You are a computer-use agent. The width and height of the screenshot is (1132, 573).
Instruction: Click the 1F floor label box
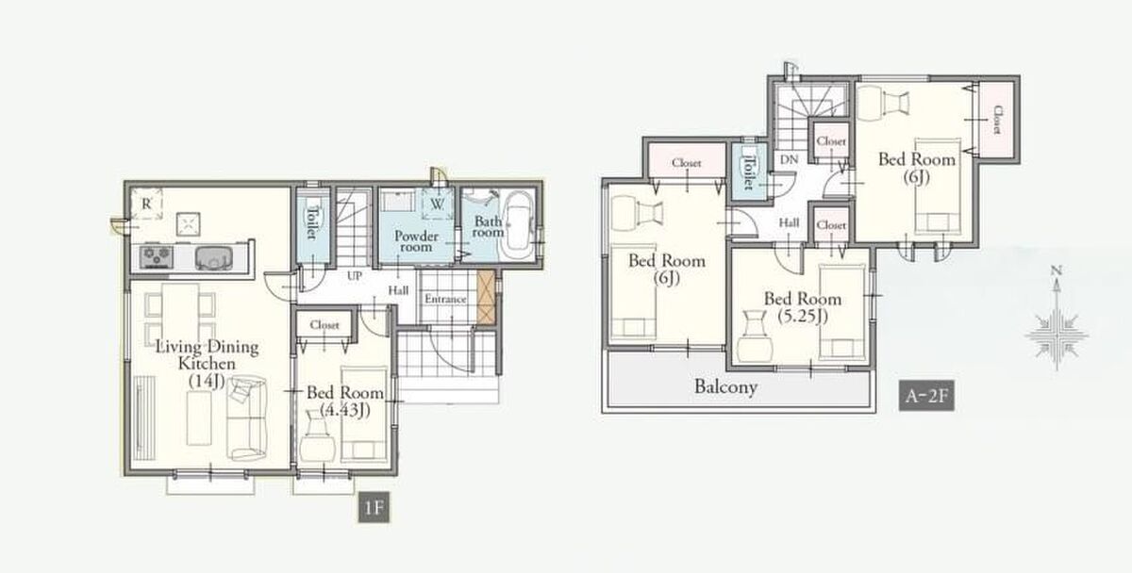pyautogui.click(x=374, y=507)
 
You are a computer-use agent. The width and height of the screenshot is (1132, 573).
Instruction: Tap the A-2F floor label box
pyautogui.click(x=926, y=395)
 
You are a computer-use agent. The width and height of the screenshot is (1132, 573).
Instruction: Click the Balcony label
pyautogui.click(x=725, y=386)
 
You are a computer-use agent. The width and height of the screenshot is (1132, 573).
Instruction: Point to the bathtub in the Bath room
pyautogui.click(x=518, y=223)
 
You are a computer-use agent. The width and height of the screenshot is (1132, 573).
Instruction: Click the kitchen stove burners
pyautogui.click(x=157, y=256)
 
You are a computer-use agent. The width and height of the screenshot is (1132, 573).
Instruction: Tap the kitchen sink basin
pyautogui.click(x=214, y=257)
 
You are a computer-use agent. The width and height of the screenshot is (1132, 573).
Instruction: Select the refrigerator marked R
pyautogui.click(x=146, y=204)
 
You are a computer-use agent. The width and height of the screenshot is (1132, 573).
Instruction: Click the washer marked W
pyautogui.click(x=437, y=204)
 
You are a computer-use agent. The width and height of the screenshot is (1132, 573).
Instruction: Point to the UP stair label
pyautogui.click(x=355, y=276)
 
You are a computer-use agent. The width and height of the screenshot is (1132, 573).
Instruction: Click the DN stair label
pyautogui.click(x=789, y=159)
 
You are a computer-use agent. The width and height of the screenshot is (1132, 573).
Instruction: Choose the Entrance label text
pyautogui.click(x=445, y=299)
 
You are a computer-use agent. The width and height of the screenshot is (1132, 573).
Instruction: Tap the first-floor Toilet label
pyautogui.click(x=312, y=222)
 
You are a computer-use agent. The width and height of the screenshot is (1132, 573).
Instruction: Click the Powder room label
pyautogui.click(x=416, y=241)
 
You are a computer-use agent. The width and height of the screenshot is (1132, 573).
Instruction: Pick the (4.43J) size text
pyautogui.click(x=345, y=410)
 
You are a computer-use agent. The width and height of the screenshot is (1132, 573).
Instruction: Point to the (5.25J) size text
pyautogui.click(x=803, y=316)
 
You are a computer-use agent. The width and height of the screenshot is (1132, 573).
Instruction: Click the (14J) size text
pyautogui.click(x=207, y=381)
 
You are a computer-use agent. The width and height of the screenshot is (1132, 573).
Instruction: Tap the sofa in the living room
pyautogui.click(x=246, y=418)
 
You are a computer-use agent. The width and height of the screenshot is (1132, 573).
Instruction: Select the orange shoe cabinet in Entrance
pyautogui.click(x=486, y=297)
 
